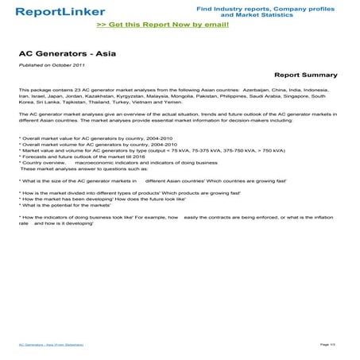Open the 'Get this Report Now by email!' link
tap(162, 25)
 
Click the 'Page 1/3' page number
tap(328, 343)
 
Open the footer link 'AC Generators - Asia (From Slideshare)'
tap(51, 344)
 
